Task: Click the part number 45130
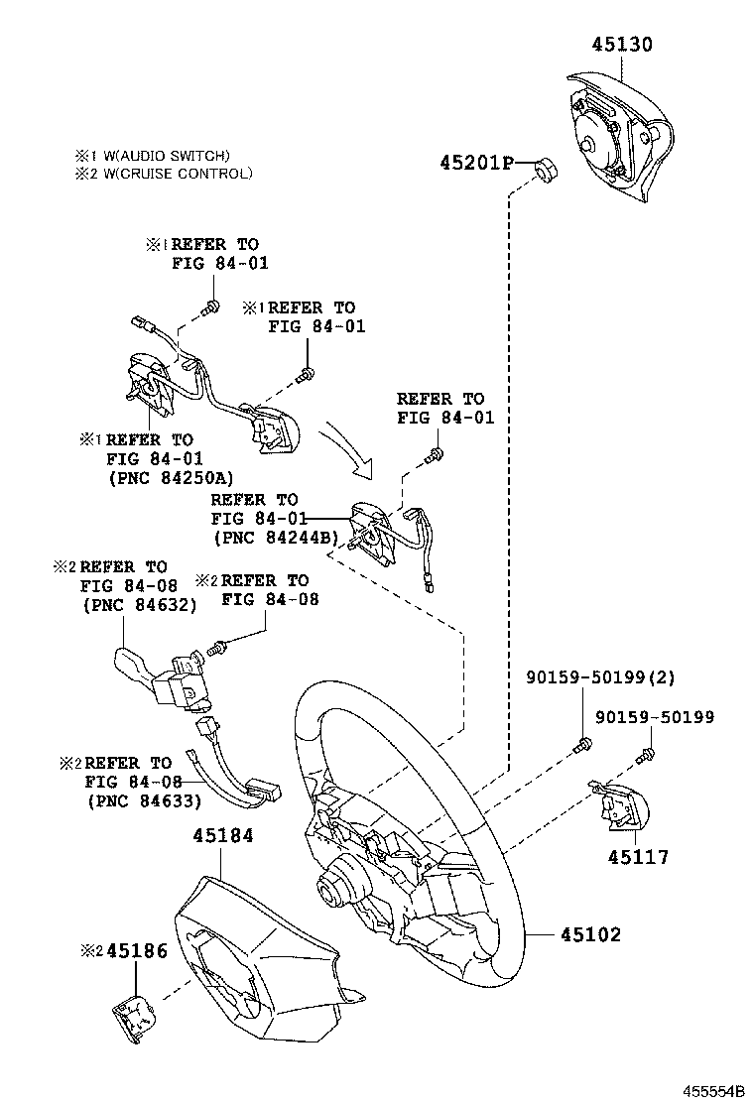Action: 623,45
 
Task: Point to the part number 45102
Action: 591,934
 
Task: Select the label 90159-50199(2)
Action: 599,678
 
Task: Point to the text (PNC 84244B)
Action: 276,537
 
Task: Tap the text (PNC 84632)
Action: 140,604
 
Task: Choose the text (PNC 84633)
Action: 145,800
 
